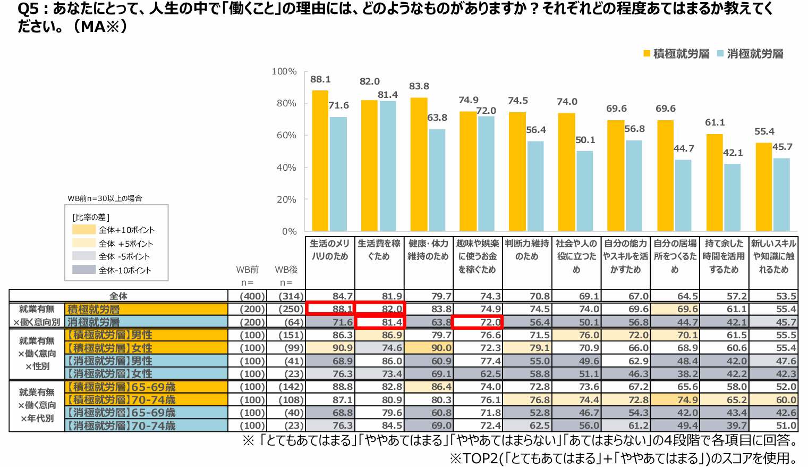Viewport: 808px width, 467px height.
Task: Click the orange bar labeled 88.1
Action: pos(320,161)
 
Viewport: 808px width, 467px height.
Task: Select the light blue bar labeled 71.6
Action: pos(338,174)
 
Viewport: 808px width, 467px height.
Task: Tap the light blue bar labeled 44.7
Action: pos(683,195)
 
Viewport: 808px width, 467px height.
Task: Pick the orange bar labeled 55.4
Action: pos(763,187)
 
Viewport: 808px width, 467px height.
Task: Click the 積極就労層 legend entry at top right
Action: pos(676,54)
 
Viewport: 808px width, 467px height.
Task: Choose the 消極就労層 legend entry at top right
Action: pos(750,54)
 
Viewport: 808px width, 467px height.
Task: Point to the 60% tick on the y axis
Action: pos(286,135)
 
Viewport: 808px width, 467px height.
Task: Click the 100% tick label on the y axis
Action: pos(284,71)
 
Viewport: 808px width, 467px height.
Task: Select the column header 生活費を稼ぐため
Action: pos(379,250)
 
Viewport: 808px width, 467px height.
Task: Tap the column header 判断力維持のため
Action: pos(526,250)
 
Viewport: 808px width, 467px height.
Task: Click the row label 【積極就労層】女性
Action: pos(110,348)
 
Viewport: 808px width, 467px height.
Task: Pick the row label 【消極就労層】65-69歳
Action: pos(121,413)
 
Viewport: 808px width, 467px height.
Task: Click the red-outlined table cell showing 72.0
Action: pos(477,322)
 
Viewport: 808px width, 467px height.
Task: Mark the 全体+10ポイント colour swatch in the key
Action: pos(84,230)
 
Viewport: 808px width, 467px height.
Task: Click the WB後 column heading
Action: pos(286,270)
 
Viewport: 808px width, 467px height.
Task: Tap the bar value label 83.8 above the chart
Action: pos(419,86)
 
